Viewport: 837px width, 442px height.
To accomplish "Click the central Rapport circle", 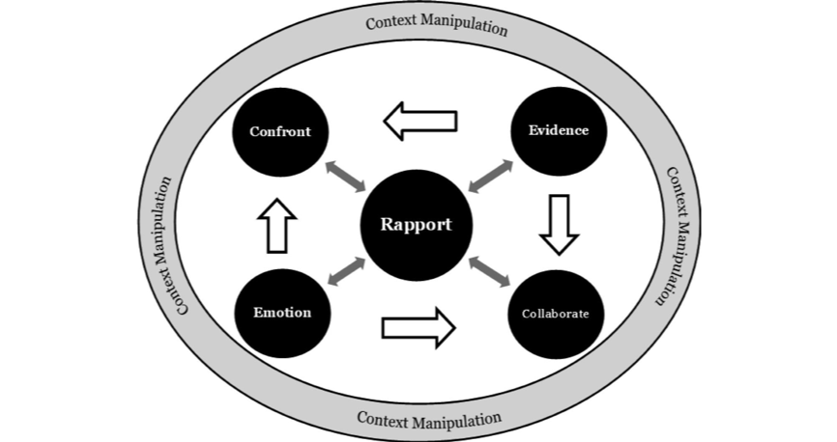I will (x=416, y=224).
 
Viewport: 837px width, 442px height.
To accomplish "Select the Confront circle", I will (x=279, y=130).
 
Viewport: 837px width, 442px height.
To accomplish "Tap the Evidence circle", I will (x=558, y=130).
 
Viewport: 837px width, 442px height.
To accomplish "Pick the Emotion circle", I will (x=281, y=313).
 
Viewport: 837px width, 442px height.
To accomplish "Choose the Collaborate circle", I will (x=555, y=314).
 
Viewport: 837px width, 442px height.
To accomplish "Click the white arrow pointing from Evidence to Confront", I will (x=419, y=122).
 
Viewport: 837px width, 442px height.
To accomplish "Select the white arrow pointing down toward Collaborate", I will (x=558, y=224).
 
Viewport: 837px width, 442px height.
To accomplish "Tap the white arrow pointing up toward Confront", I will (x=276, y=226).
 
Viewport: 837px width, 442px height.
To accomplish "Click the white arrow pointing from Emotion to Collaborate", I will (x=418, y=327).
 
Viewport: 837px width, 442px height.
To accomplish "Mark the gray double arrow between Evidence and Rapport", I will (x=491, y=176).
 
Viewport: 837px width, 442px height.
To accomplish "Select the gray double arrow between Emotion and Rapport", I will (x=346, y=271).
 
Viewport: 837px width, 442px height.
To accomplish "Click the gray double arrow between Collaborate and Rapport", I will (x=489, y=271).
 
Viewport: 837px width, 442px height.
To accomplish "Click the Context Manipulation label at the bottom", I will (x=429, y=420).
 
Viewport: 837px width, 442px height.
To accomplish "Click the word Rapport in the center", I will (x=416, y=224).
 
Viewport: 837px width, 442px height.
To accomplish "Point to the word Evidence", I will (x=558, y=130).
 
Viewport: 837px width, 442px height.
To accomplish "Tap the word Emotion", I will (x=281, y=313).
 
